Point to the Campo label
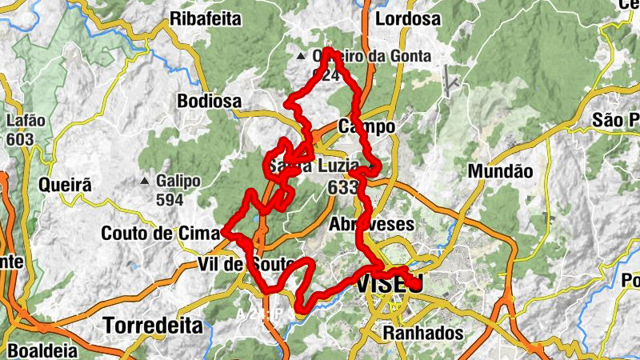(x=367, y=126)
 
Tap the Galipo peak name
(x=178, y=181)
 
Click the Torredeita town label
(x=153, y=326)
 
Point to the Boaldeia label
(x=39, y=350)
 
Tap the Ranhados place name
(x=423, y=332)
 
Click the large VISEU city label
(x=390, y=284)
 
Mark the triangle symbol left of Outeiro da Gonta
(x=301, y=57)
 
